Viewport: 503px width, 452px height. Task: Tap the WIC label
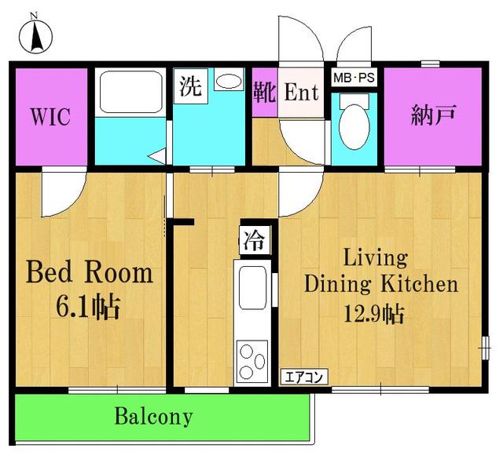click(x=50, y=117)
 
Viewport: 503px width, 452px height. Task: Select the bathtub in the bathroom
click(x=130, y=91)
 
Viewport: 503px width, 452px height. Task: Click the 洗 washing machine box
click(x=190, y=86)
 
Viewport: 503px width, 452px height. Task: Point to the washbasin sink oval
click(x=229, y=81)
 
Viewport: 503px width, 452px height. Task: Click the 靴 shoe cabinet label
click(x=265, y=93)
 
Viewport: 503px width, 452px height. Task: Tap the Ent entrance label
click(x=301, y=93)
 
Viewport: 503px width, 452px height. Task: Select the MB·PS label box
click(x=354, y=78)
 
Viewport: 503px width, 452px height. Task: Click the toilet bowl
click(x=354, y=126)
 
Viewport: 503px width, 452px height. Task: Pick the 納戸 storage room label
click(x=433, y=115)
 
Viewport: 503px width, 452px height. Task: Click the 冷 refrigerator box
click(x=255, y=240)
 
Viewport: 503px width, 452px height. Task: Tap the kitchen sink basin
click(x=252, y=287)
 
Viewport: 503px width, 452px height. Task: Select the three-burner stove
click(x=251, y=361)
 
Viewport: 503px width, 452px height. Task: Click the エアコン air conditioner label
click(x=304, y=377)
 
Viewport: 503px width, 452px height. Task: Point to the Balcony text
click(x=154, y=416)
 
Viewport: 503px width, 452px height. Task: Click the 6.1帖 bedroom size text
click(x=88, y=307)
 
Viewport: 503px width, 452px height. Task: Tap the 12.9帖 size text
click(x=374, y=314)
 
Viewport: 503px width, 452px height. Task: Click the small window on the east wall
click(x=485, y=348)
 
